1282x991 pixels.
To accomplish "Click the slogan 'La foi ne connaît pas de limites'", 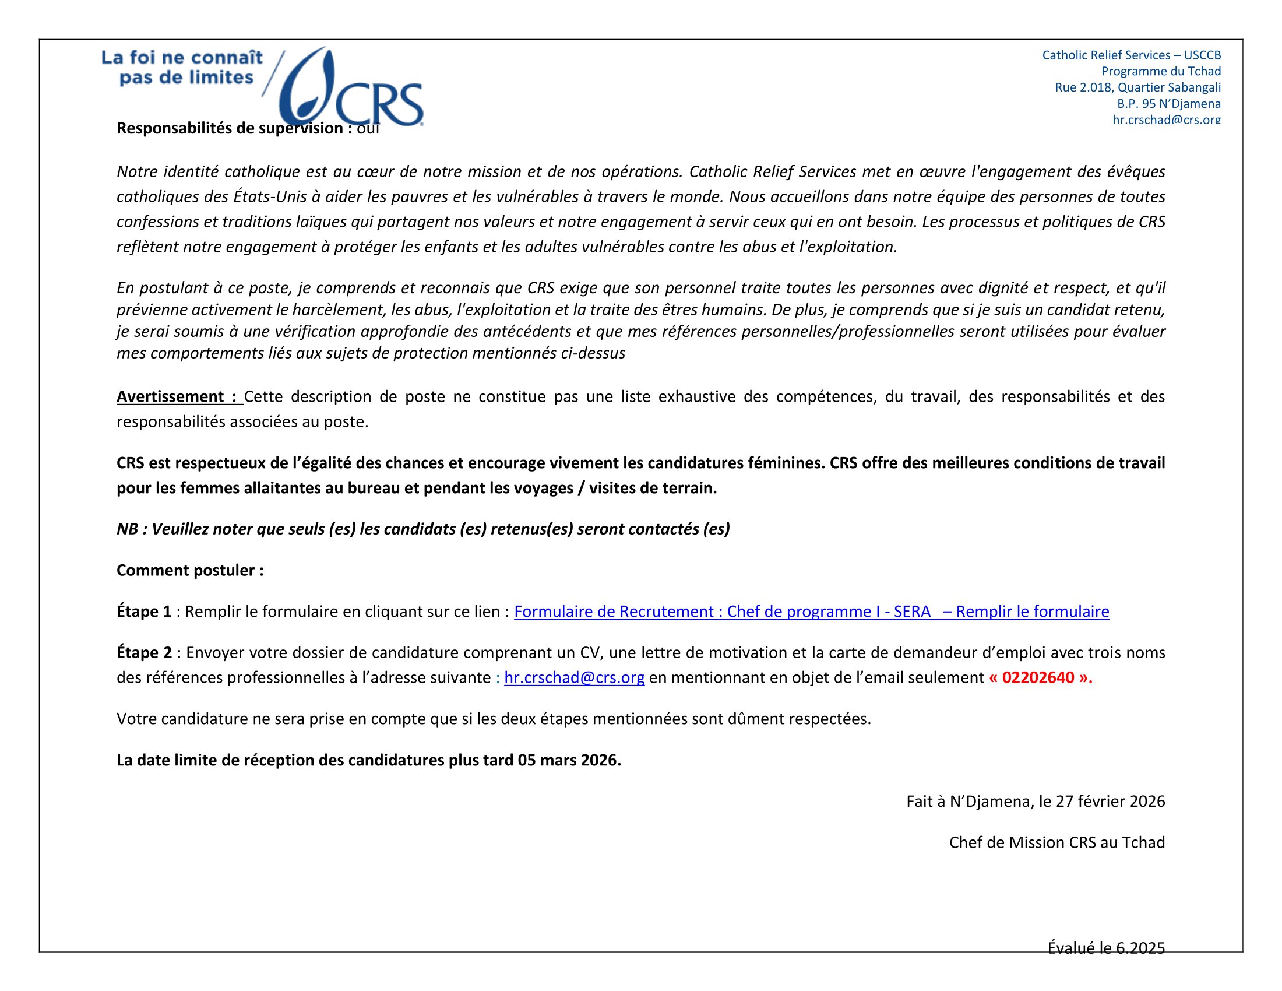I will [182, 68].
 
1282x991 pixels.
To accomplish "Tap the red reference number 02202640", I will [1038, 677].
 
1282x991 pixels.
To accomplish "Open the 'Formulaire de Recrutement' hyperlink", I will [811, 612].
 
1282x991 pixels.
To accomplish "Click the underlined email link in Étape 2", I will [574, 677].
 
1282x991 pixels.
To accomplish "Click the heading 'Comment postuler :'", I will [190, 570].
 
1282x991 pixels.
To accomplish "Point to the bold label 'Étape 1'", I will [144, 612].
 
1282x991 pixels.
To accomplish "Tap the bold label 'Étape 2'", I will [144, 653].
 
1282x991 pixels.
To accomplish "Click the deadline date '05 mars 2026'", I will [568, 760].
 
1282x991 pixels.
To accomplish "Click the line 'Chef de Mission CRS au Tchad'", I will [1056, 842].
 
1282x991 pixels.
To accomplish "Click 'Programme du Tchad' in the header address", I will [1160, 71].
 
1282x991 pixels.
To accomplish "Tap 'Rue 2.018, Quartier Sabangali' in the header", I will [1137, 87].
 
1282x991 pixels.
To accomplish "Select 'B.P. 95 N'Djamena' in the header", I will [1168, 104].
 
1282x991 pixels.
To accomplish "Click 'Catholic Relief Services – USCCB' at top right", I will [1131, 55].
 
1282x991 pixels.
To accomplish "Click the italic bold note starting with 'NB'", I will [422, 529].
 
